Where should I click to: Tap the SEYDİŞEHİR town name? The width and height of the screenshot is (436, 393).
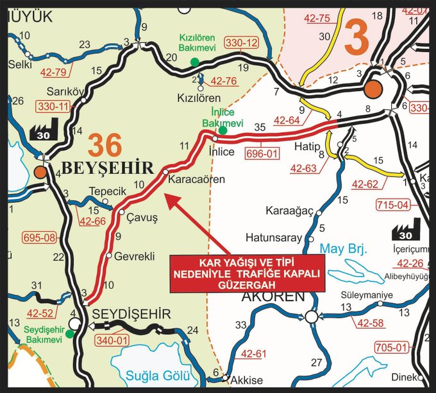131,314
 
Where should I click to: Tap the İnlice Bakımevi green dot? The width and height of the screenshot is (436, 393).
222,130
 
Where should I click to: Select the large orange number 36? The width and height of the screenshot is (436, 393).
105,144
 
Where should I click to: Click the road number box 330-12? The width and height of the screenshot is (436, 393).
242,43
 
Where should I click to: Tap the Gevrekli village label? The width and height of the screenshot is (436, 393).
135,256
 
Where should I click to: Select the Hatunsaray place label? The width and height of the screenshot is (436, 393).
274,238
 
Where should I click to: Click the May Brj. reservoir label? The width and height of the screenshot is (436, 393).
342,249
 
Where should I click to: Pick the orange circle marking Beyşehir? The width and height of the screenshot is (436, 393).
40,172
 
